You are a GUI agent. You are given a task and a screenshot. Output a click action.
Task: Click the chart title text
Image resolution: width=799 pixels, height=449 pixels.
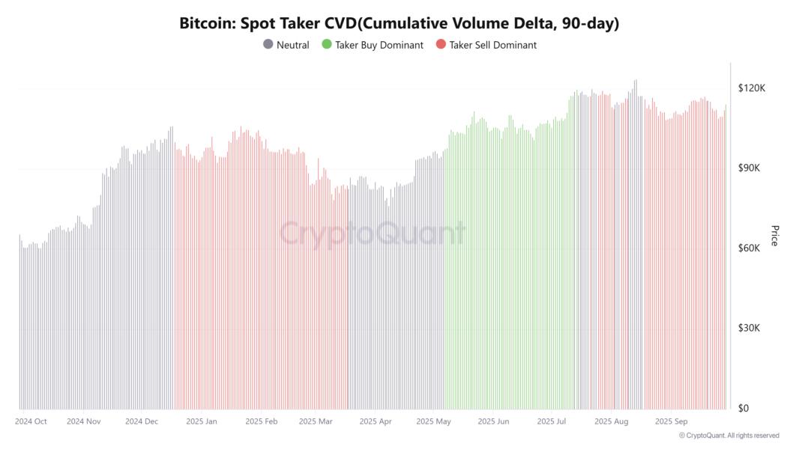point(399,23)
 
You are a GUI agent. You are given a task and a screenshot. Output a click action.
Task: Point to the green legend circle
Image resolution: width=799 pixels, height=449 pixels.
point(327,45)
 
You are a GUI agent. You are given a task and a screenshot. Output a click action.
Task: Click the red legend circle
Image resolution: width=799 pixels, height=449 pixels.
point(441,45)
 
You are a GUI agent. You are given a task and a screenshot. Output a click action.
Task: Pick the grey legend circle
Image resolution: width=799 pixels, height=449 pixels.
point(268,45)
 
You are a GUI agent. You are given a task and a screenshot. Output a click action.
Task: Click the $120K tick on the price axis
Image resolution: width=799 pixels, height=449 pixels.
point(751,88)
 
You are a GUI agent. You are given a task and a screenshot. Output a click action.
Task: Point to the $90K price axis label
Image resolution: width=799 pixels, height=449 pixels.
point(750,168)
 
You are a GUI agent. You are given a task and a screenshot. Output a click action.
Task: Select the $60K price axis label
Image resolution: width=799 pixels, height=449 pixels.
point(750,248)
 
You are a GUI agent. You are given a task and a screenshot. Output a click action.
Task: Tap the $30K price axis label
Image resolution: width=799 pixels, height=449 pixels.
point(750,329)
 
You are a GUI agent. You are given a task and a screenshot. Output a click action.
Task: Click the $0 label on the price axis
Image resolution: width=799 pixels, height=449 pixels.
point(744,409)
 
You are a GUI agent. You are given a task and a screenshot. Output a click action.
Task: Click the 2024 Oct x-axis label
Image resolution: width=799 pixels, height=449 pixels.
point(31,421)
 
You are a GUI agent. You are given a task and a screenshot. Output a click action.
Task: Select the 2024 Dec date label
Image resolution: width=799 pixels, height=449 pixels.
point(142,421)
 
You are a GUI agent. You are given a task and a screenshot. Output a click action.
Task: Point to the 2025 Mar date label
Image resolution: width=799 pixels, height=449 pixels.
point(316,421)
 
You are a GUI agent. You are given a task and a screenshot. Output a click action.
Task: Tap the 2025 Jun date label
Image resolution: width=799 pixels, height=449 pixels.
point(493,421)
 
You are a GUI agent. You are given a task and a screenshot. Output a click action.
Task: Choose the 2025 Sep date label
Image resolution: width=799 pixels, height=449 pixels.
point(672,421)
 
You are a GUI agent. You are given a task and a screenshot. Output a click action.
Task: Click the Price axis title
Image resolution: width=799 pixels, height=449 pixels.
point(775,235)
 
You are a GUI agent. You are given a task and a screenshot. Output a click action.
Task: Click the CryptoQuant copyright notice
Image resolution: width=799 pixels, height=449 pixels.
point(729,436)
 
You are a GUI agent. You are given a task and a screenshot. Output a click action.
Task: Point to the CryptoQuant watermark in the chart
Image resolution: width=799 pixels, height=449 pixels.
point(373,233)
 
